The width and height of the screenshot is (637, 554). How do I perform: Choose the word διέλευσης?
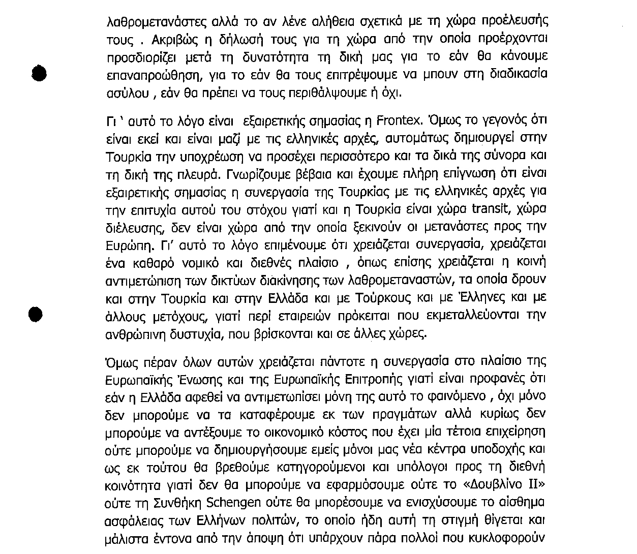[130, 227]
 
